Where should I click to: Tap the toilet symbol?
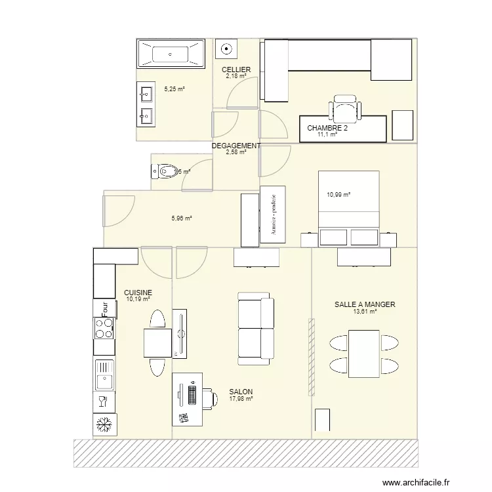(165, 173)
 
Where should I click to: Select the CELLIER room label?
(236, 70)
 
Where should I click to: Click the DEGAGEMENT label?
(236, 146)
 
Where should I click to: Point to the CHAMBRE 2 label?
(327, 129)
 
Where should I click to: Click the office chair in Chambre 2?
(344, 108)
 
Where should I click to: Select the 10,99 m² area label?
(338, 195)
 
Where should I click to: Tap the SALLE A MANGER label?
(365, 305)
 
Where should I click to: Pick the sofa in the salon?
(255, 328)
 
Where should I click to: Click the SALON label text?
(241, 392)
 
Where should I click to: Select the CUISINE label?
(138, 293)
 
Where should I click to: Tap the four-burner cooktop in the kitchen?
(104, 327)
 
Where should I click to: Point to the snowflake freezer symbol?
(104, 425)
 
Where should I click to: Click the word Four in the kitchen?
(104, 307)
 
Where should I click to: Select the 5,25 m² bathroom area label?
(174, 89)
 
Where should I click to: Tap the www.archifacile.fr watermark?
(416, 483)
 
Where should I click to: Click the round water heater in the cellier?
(226, 48)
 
